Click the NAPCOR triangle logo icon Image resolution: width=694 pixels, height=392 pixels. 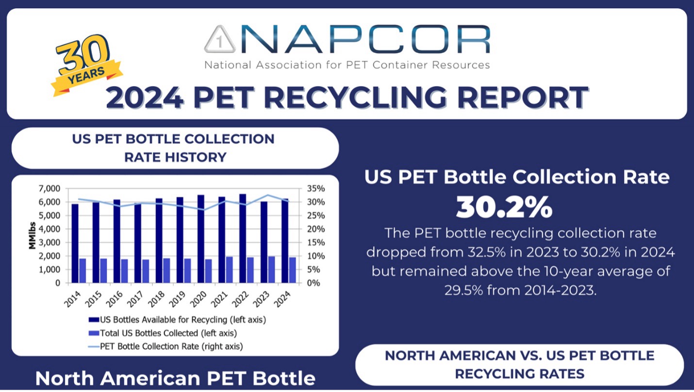(x=220, y=40)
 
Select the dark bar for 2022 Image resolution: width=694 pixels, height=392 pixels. (x=243, y=238)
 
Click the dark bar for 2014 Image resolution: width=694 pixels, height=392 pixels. (x=75, y=243)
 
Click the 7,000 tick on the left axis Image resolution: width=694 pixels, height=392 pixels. (x=50, y=188)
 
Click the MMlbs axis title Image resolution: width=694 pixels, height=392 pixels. (x=32, y=235)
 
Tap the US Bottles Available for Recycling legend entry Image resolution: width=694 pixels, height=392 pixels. (x=177, y=320)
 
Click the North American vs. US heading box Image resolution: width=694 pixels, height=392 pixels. (x=519, y=364)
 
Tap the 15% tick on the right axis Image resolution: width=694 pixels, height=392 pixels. (x=311, y=242)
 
